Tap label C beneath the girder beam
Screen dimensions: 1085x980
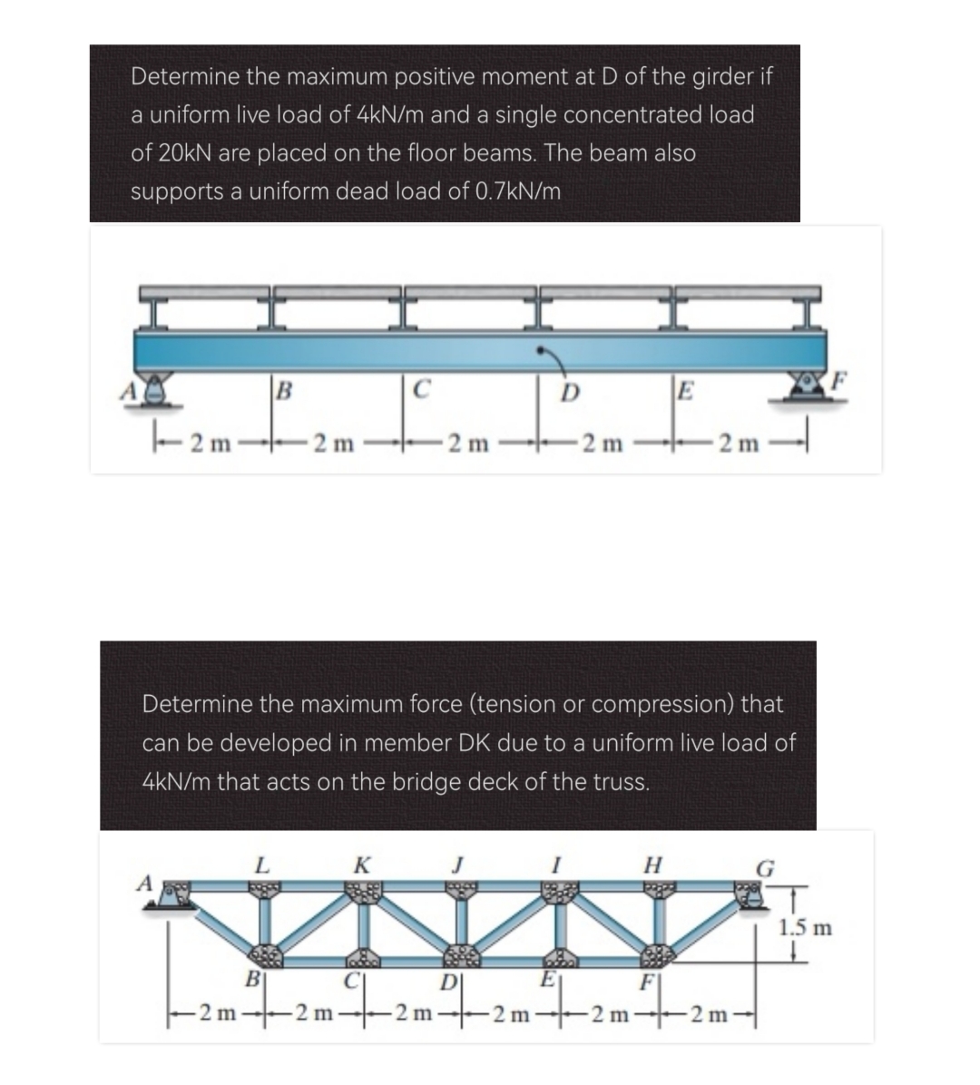tap(418, 394)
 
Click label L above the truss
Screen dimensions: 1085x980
tap(261, 865)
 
